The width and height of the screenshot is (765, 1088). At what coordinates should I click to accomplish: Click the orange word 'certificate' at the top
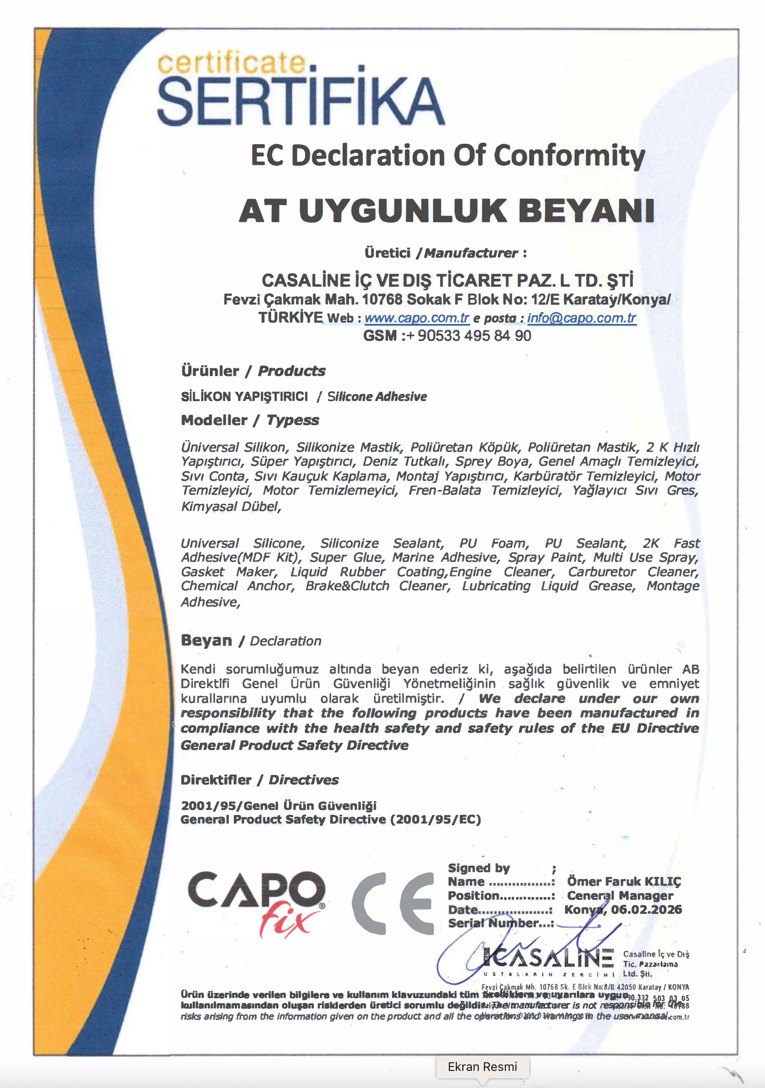click(232, 64)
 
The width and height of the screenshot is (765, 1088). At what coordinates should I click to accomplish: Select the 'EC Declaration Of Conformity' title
click(448, 156)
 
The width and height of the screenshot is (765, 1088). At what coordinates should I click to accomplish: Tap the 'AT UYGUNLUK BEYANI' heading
click(446, 211)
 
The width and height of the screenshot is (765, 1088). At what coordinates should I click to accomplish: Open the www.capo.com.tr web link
click(416, 318)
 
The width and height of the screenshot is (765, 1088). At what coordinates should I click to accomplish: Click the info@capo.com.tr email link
click(581, 318)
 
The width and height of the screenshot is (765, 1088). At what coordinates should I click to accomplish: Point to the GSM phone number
click(474, 336)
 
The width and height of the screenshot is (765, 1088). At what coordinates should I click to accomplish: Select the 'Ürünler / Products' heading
click(253, 371)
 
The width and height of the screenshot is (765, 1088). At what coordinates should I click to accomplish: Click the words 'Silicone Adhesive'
click(377, 397)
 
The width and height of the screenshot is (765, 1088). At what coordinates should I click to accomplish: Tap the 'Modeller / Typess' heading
click(250, 420)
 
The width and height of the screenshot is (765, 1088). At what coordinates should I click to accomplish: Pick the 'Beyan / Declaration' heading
click(251, 641)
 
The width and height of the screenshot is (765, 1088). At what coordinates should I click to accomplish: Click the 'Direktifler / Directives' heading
click(259, 780)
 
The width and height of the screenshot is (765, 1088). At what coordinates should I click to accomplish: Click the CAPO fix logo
click(256, 903)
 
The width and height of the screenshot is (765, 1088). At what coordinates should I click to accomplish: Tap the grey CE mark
click(393, 903)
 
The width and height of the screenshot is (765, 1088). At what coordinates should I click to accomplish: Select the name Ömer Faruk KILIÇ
click(623, 882)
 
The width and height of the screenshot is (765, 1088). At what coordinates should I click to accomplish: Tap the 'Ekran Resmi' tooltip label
click(482, 1067)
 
